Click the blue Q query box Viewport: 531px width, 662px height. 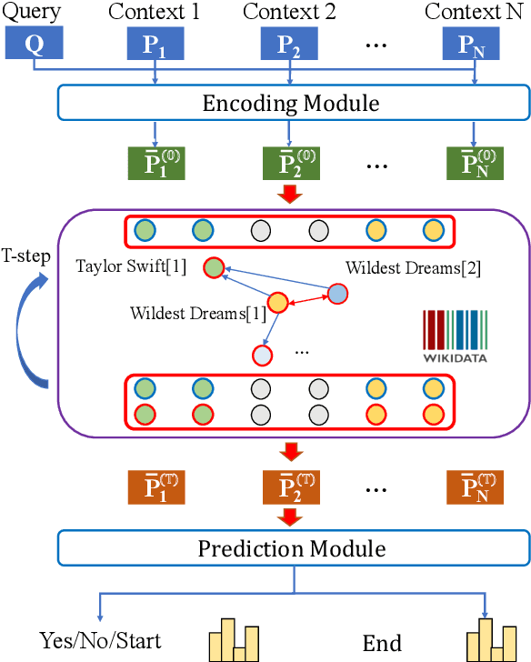click(x=34, y=45)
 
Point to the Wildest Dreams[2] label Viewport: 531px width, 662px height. click(x=413, y=267)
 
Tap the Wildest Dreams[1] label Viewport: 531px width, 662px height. click(x=197, y=314)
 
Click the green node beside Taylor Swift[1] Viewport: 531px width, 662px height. click(x=214, y=267)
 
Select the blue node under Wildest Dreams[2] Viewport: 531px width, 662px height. click(x=336, y=294)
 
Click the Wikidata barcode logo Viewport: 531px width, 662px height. click(x=455, y=337)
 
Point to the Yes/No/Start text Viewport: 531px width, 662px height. click(x=88, y=641)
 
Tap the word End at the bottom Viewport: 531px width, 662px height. click(x=382, y=644)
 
